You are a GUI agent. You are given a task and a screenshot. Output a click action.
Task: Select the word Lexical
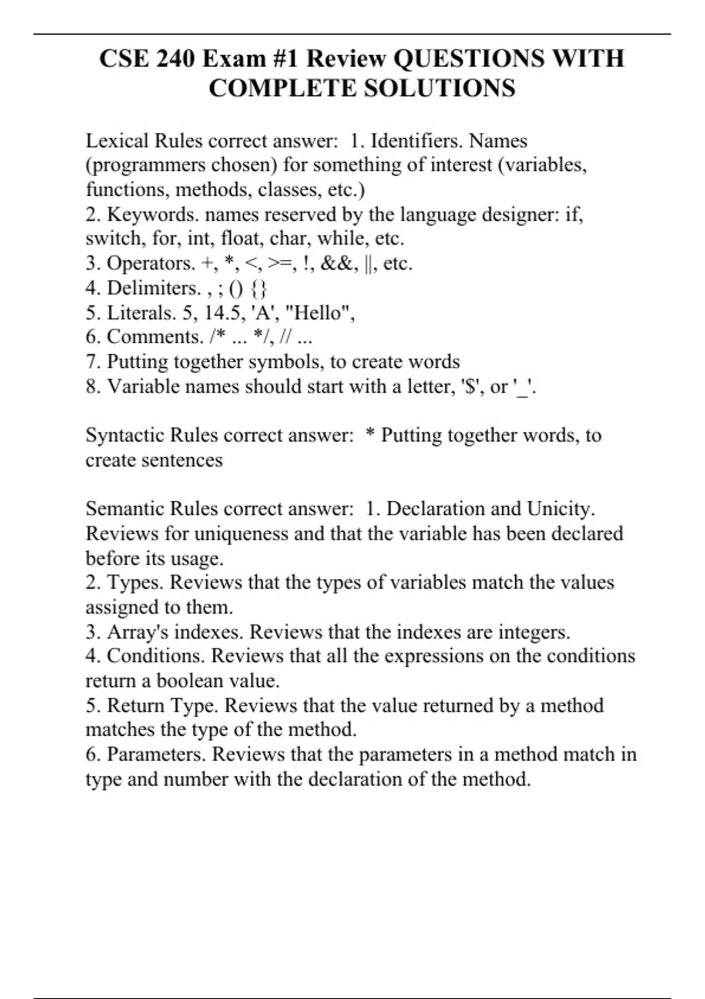[x=117, y=141]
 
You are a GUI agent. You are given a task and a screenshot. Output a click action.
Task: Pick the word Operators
[x=150, y=263]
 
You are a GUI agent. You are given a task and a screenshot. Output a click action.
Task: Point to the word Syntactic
[x=125, y=435]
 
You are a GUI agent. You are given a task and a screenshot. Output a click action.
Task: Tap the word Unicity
[x=560, y=509]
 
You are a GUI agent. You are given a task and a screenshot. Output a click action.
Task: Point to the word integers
[x=534, y=632]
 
